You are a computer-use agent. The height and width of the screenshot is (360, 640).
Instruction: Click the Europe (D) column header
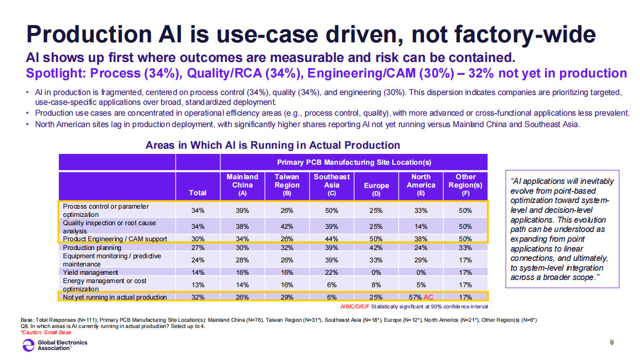click(x=376, y=189)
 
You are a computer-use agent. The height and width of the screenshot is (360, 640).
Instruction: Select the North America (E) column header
click(x=421, y=185)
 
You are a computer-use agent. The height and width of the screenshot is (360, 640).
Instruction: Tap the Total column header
click(x=198, y=193)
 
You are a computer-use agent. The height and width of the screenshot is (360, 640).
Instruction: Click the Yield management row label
click(x=90, y=273)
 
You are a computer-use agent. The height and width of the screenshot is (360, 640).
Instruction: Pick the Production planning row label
click(x=92, y=247)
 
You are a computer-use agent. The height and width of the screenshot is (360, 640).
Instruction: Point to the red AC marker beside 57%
click(x=428, y=298)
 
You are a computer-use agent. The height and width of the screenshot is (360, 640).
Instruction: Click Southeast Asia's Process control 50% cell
click(x=331, y=211)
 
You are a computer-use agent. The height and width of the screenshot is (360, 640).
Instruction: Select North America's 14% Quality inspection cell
click(x=421, y=227)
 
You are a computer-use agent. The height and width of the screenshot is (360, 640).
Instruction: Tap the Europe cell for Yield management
click(x=376, y=273)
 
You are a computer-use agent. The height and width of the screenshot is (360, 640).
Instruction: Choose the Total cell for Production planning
click(x=198, y=247)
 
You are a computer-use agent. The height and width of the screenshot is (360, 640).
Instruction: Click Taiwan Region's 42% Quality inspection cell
click(x=287, y=227)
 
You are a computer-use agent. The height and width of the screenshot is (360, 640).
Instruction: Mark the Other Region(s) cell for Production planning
click(x=465, y=247)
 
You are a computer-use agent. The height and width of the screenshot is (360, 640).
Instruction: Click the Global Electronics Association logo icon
click(x=28, y=345)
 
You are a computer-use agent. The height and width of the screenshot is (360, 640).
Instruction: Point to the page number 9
click(x=612, y=342)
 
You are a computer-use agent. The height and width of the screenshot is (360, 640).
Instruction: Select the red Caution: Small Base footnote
click(x=46, y=333)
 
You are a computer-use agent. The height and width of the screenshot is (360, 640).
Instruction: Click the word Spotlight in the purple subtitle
click(x=54, y=73)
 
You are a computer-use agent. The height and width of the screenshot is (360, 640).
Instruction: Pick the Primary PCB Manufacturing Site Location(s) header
click(x=354, y=162)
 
